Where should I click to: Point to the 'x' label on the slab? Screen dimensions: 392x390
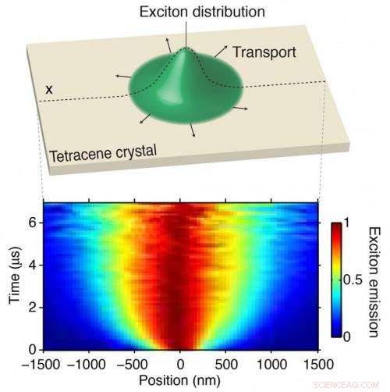pos(49,89)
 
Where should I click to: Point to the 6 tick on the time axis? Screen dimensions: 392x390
pos(34,222)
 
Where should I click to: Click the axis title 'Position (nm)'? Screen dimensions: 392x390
pos(180,380)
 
